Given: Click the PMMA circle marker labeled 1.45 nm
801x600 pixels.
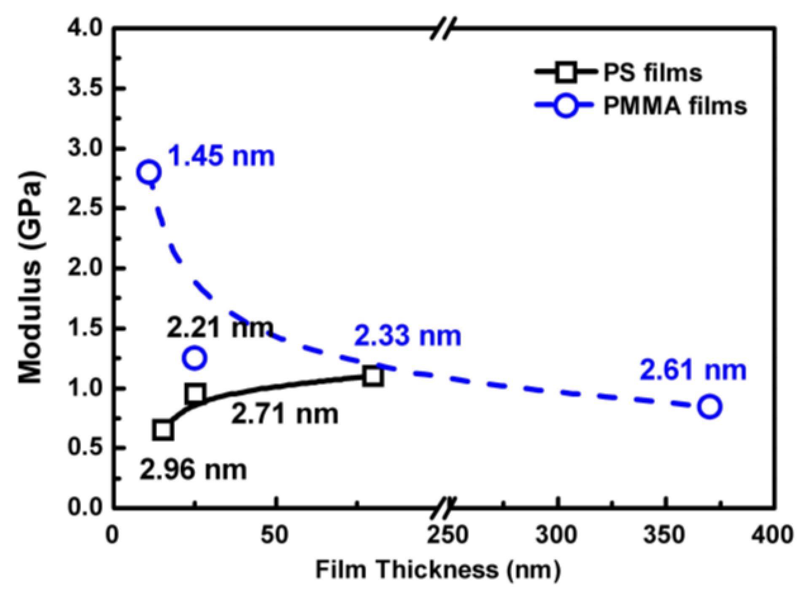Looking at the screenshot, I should [x=149, y=172].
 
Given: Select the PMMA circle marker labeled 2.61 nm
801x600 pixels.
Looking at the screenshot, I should [x=709, y=406].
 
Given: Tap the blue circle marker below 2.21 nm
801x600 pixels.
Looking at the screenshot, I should [x=194, y=358].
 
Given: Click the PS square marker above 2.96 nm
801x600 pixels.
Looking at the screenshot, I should [x=163, y=430].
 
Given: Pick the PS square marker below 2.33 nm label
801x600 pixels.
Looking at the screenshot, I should [x=373, y=376].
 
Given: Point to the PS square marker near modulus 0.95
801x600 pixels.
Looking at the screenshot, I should [x=195, y=393].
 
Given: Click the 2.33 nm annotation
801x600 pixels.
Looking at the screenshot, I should [x=407, y=336].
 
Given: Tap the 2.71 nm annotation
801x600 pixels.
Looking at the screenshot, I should [x=285, y=414].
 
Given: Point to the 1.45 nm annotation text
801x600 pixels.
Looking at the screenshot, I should [x=221, y=156].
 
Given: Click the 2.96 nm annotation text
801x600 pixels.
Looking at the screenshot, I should [x=193, y=470].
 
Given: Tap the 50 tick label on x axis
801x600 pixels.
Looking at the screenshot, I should [x=275, y=535].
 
